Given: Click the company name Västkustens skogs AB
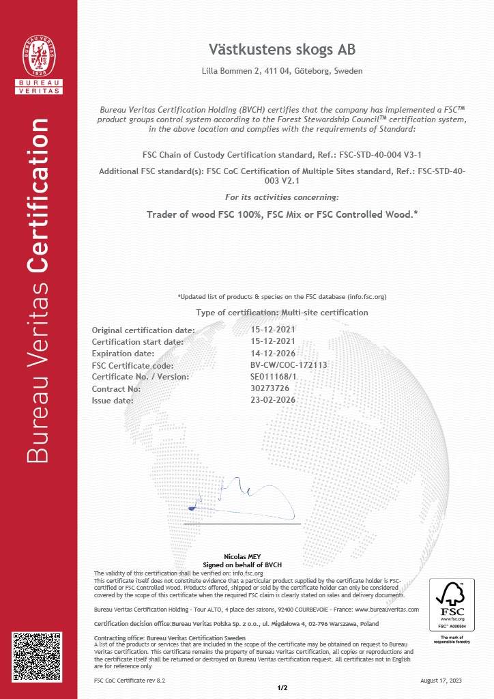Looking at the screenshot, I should click(282, 50).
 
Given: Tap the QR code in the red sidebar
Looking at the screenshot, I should click(39, 659).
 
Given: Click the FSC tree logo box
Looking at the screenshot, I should click(451, 605).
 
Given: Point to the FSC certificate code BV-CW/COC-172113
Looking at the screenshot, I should click(289, 365).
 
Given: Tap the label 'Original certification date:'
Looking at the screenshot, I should click(143, 330).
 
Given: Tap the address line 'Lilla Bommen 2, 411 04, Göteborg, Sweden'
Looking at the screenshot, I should click(282, 71).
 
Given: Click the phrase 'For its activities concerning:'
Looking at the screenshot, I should click(282, 197).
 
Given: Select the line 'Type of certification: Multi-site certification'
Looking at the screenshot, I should click(282, 313).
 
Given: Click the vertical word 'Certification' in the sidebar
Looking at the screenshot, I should click(38, 195).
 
